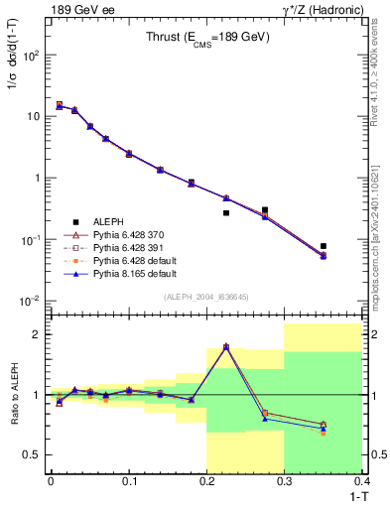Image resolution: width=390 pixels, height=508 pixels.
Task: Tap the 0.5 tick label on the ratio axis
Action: pyautogui.click(x=32, y=454)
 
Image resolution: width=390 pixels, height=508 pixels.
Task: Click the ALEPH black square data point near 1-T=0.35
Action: pyautogui.click(x=324, y=246)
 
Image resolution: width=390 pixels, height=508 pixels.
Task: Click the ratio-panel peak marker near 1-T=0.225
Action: pyautogui.click(x=226, y=346)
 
